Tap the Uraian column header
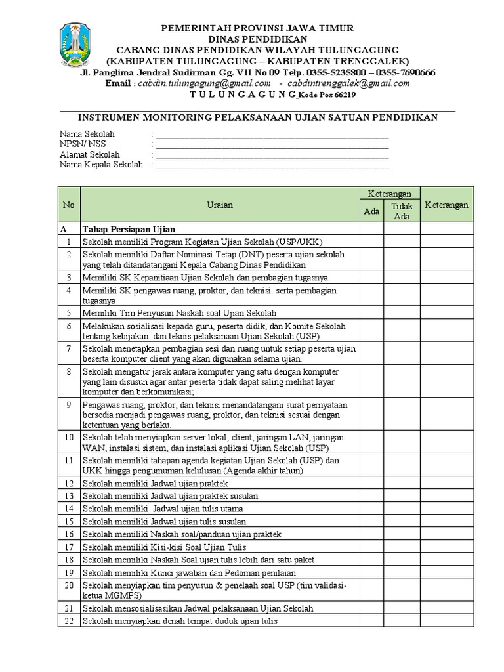point(219,205)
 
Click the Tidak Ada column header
point(402,211)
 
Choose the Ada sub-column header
point(371,211)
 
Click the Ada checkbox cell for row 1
point(371,241)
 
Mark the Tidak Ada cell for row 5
point(402,313)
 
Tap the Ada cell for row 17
point(371,547)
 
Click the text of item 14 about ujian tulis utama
point(163,509)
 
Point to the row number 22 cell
point(69,621)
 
